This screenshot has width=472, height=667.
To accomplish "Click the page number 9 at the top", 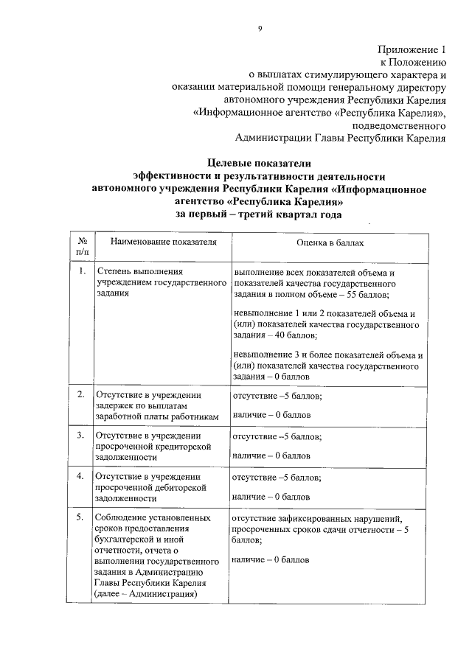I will [260, 29].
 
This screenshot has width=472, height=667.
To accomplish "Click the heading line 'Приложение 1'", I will [413, 50].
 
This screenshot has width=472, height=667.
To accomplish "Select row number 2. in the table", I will [82, 394].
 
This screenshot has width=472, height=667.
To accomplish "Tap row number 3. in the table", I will [82, 435].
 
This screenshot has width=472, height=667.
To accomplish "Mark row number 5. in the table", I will [82, 517].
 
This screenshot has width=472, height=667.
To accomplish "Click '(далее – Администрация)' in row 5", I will [145, 595].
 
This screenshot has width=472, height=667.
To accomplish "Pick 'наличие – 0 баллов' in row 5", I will [271, 560].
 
